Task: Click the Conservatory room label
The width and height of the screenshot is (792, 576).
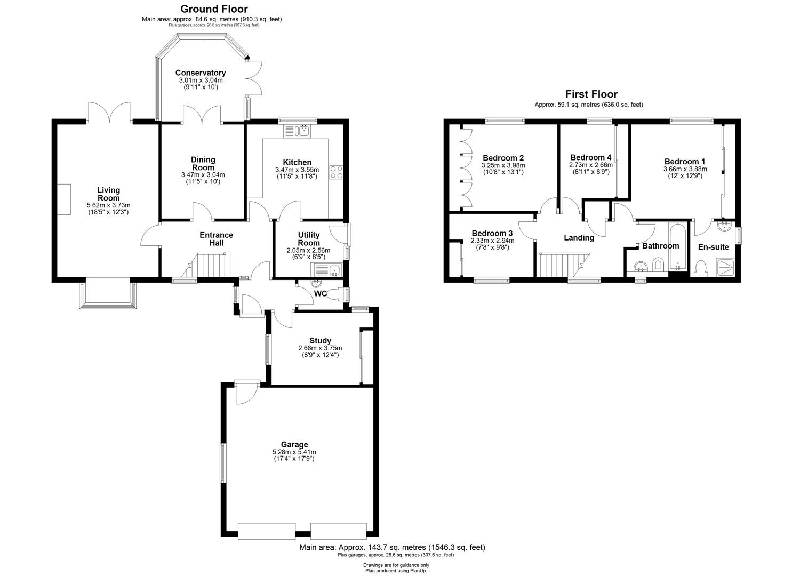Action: coord(200,73)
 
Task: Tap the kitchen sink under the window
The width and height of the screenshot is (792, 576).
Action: coord(297,130)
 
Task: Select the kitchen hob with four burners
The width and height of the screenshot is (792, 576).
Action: coord(337,172)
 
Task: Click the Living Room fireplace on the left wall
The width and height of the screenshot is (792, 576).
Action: coord(64,199)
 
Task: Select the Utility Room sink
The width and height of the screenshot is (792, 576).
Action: coord(327,270)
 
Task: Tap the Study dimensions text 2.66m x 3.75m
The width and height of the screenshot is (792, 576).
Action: coord(320,348)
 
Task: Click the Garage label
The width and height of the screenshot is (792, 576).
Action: coord(294,444)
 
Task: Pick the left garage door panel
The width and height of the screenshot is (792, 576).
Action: coord(266,531)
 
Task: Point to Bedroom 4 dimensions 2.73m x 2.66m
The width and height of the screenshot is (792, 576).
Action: coord(590,165)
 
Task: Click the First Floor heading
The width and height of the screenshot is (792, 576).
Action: coord(591,94)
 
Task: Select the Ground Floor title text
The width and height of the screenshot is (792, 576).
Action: coord(214,9)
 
